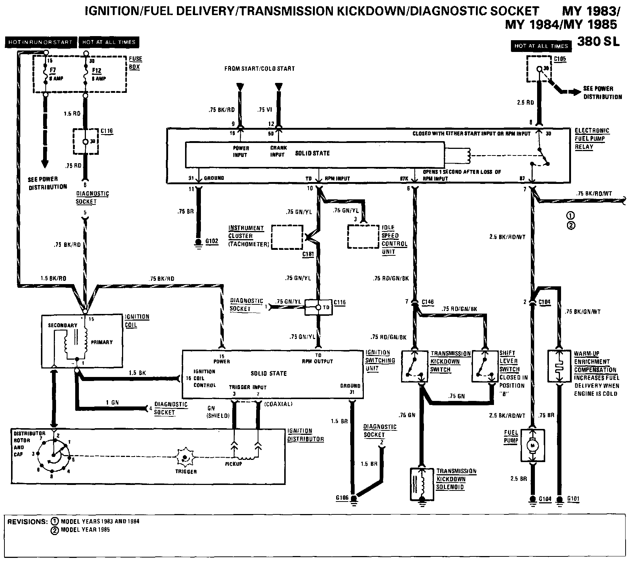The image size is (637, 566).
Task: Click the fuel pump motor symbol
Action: (532, 446)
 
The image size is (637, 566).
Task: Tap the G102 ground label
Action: (212, 241)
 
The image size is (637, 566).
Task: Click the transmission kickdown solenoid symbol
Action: (422, 484)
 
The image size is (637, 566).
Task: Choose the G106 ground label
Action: (342, 498)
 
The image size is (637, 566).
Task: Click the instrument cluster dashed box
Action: (287, 237)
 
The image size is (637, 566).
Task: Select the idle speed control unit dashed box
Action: (363, 236)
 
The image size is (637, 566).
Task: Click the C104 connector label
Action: (544, 302)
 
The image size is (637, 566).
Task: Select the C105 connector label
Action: (560, 59)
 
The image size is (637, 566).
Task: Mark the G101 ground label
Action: (573, 499)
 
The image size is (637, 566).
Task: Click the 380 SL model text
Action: (598, 41)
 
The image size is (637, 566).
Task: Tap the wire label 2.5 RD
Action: (525, 102)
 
